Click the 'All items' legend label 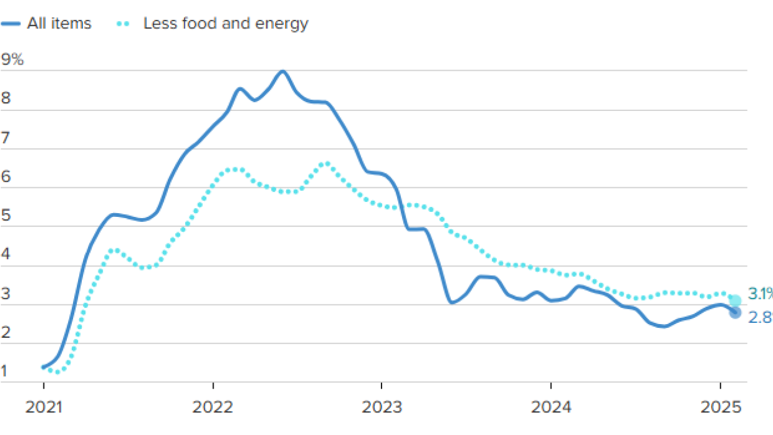[x=59, y=24]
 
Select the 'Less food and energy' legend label [x=225, y=24]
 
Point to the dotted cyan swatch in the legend [x=123, y=24]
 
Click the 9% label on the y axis [x=12, y=59]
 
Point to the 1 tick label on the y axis [x=6, y=371]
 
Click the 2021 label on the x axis [x=43, y=407]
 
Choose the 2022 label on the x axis [x=212, y=407]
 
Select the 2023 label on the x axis [x=382, y=407]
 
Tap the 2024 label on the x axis [x=551, y=407]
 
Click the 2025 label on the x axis [x=720, y=407]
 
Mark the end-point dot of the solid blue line [x=735, y=313]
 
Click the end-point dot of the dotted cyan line [x=735, y=301]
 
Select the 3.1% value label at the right [x=759, y=294]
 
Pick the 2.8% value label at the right [x=760, y=318]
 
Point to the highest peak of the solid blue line [x=282, y=71]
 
